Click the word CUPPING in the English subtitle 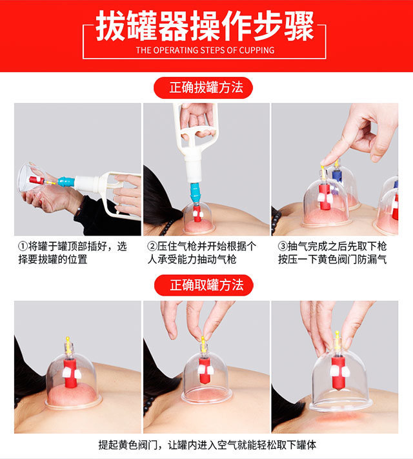(257, 50)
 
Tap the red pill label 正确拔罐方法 (203, 88)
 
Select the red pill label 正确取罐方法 (204, 285)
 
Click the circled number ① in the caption (23, 246)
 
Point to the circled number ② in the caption (152, 246)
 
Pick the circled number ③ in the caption (283, 246)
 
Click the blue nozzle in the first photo (66, 182)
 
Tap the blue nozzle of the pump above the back (194, 191)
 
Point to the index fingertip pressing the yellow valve (325, 162)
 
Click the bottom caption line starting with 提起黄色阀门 (207, 445)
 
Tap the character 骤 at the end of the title (299, 26)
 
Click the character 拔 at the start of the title (111, 26)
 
